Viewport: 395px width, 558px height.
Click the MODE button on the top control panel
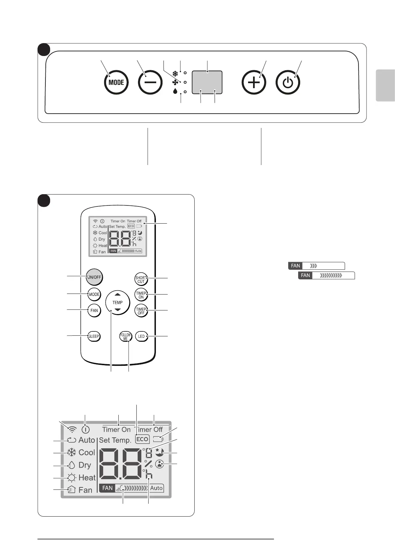116,83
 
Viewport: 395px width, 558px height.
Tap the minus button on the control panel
150,83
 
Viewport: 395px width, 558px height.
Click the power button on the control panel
288,83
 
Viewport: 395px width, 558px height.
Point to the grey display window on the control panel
207,82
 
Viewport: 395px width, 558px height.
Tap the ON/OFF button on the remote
94,277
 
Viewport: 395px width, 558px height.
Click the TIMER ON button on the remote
141,295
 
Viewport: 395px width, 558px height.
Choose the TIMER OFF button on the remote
141,311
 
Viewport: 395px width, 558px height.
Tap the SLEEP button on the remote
94,336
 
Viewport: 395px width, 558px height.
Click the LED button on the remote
141,336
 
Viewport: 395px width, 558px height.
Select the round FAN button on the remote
94,310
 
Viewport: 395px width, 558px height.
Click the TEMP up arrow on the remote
117,295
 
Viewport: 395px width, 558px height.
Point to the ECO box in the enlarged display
142,439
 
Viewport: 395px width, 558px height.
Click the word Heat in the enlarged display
87,478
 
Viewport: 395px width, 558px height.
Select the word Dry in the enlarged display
85,465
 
